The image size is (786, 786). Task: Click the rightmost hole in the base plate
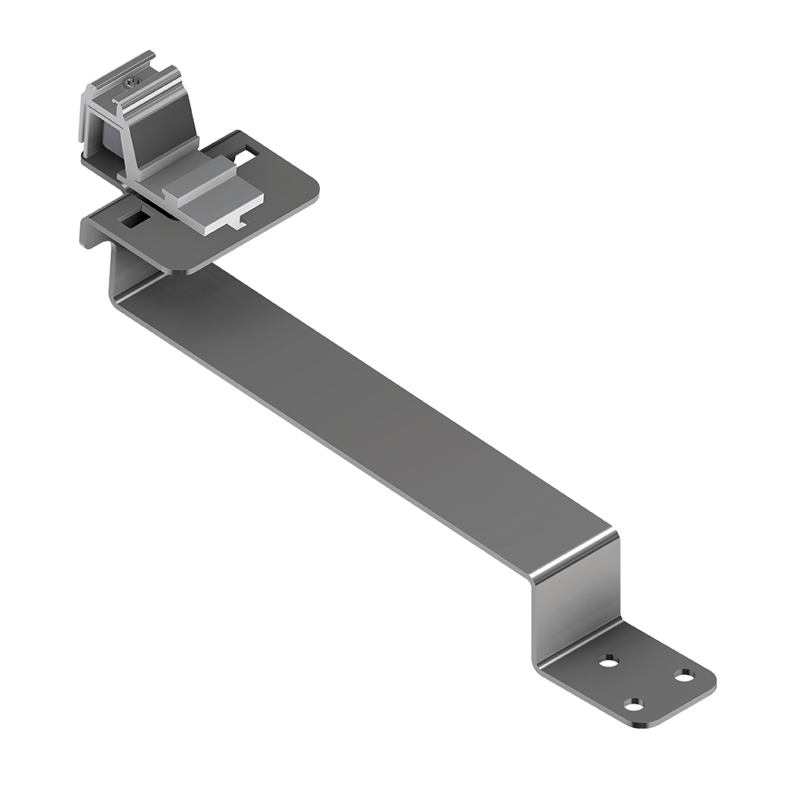click(685, 675)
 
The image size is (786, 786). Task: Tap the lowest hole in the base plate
click(634, 703)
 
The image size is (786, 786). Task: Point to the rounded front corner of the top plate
click(185, 269)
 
